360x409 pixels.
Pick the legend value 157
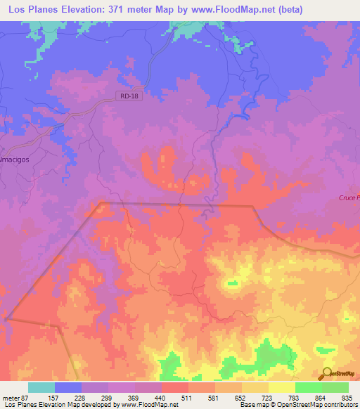click(55, 397)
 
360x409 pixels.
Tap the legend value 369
click(135, 397)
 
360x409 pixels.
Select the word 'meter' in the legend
click(8, 397)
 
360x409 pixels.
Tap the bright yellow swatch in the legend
click(282, 387)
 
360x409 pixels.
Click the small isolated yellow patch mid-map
click(231, 284)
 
